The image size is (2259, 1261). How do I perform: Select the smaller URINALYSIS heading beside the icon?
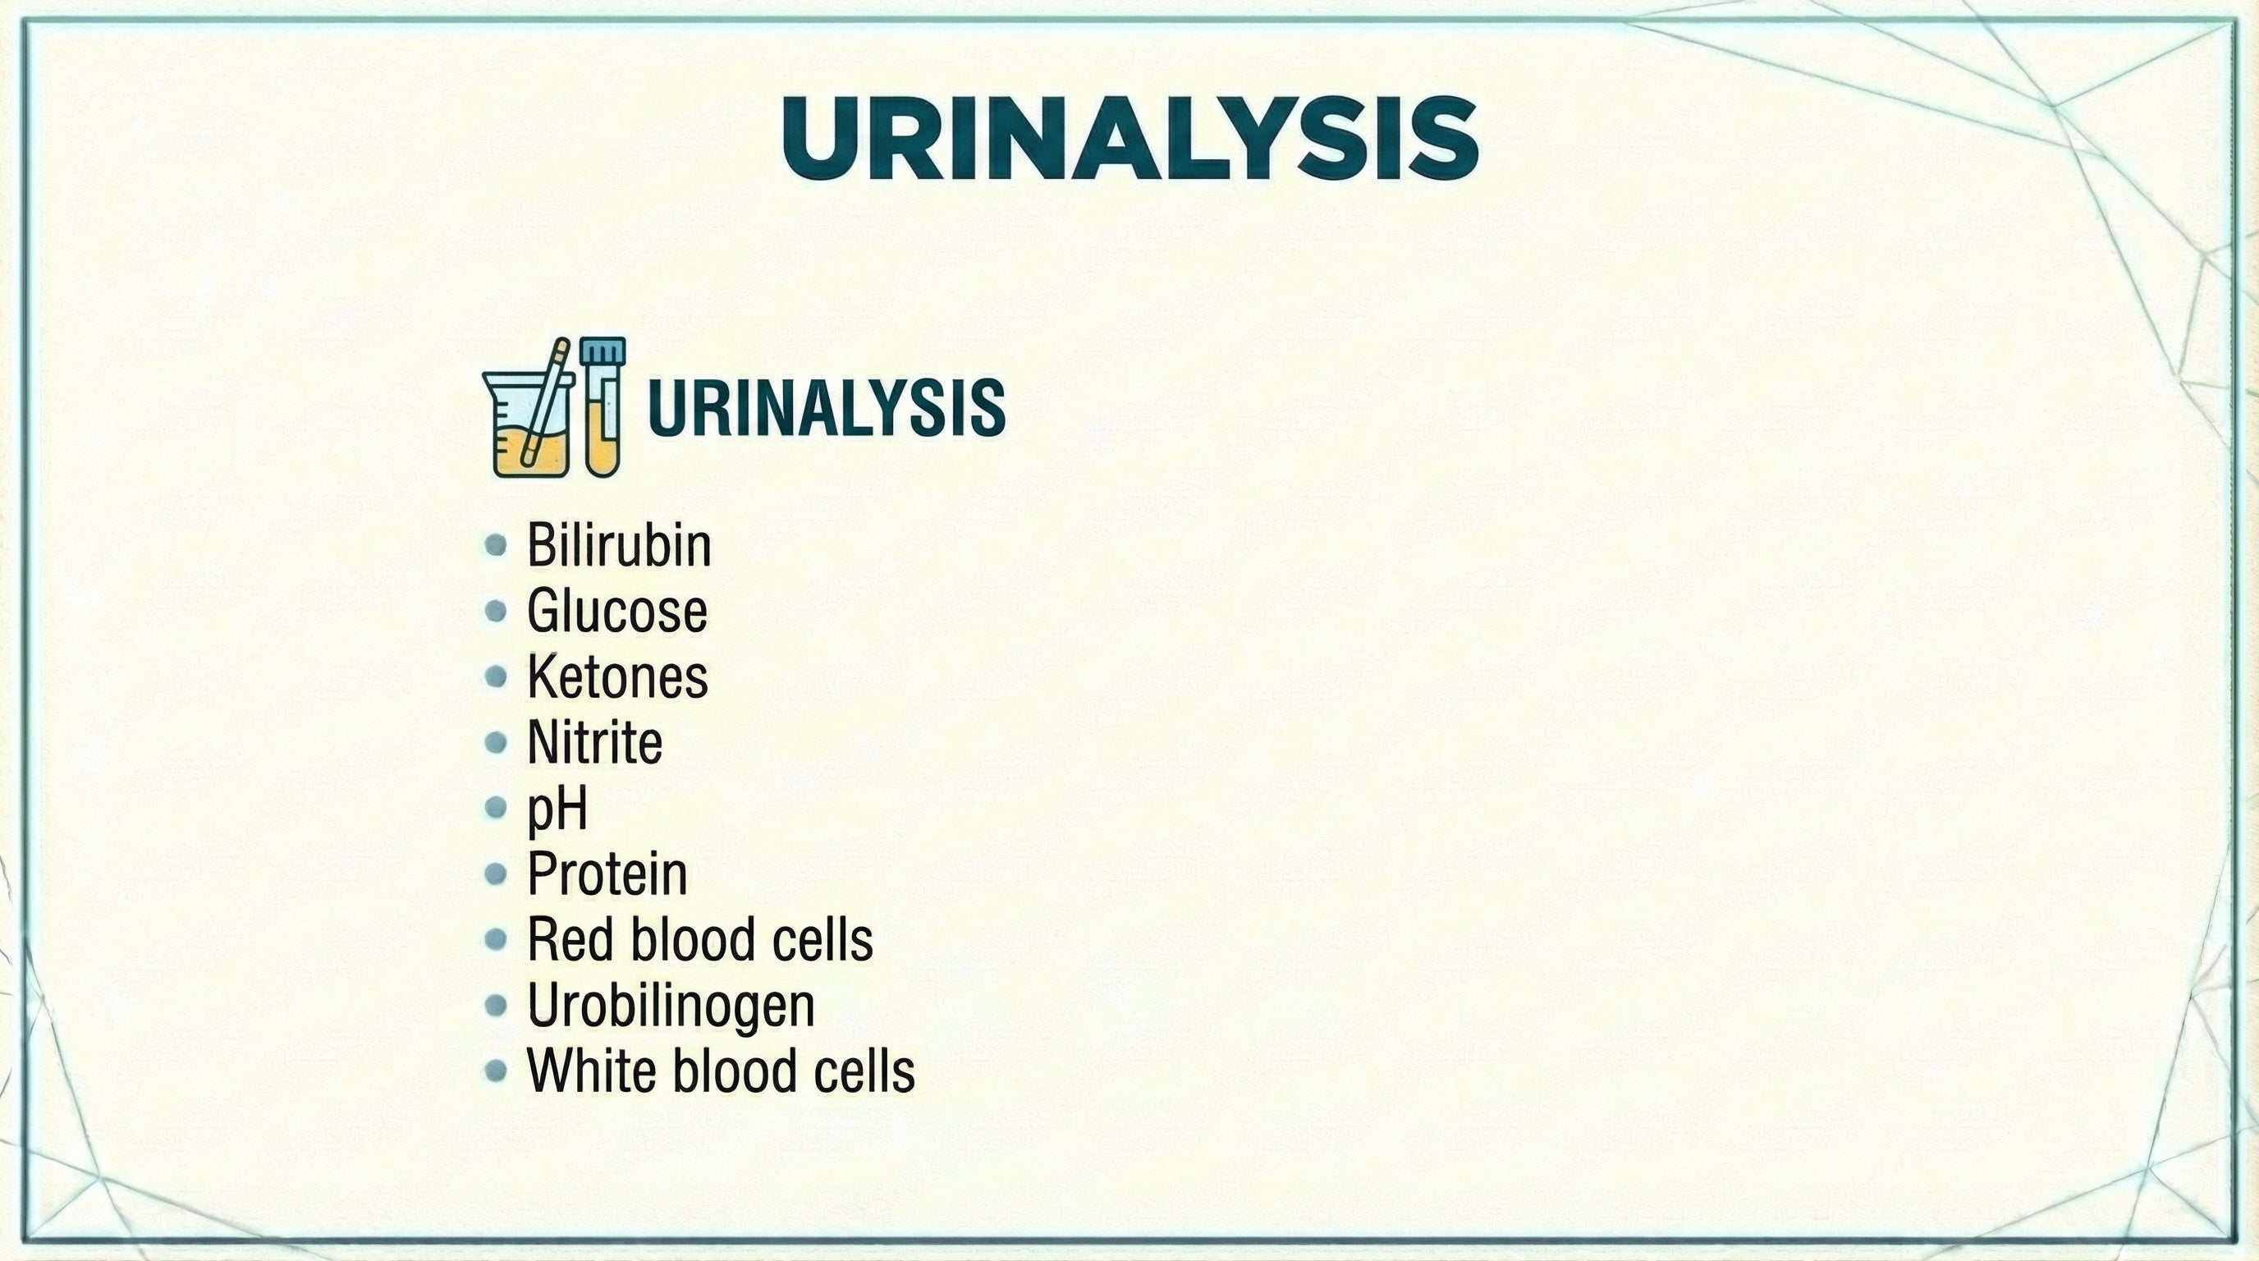click(x=826, y=408)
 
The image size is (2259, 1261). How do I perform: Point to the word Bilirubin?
click(x=618, y=545)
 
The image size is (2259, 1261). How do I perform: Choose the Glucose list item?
click(x=616, y=612)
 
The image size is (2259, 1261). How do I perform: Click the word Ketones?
click(x=616, y=677)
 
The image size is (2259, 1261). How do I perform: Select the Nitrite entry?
click(x=593, y=743)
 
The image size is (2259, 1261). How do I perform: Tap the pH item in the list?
click(x=556, y=809)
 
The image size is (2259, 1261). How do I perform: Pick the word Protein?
click(x=607, y=874)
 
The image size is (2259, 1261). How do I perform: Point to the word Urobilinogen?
click(x=671, y=1006)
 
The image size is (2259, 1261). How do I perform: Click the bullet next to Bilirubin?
click(x=496, y=545)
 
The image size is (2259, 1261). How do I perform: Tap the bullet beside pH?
click(x=496, y=808)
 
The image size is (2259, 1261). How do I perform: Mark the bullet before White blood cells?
click(x=496, y=1071)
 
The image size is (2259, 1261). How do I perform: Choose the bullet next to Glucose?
click(x=496, y=612)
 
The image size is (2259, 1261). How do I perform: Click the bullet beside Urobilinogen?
click(x=496, y=1005)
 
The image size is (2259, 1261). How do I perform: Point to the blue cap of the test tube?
click(x=603, y=351)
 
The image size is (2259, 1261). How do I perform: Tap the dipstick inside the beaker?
click(x=545, y=403)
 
